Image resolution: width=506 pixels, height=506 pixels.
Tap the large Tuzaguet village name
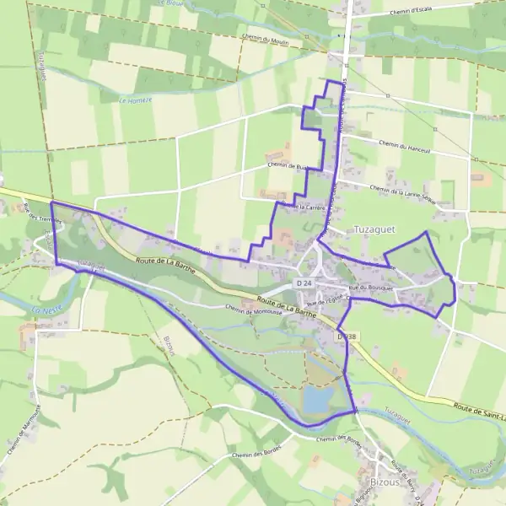click(x=375, y=229)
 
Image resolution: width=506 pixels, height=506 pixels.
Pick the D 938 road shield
click(x=347, y=336)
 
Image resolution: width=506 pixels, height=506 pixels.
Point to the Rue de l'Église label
click(x=328, y=301)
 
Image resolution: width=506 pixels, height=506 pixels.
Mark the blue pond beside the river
click(x=317, y=399)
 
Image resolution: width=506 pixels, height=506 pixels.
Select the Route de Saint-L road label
click(x=477, y=410)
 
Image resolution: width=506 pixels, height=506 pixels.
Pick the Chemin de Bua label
click(x=287, y=166)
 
